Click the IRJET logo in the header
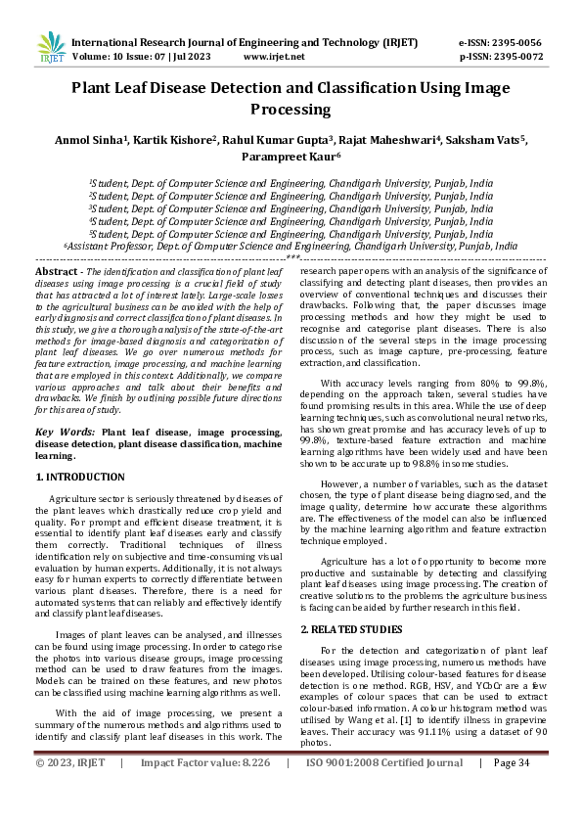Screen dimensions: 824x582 [50, 49]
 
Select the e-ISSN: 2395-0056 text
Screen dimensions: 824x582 [499, 43]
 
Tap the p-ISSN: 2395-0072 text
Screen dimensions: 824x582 [499, 57]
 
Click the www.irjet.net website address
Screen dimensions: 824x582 [275, 57]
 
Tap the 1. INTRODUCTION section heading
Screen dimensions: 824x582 [80, 477]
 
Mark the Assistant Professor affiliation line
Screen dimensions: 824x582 [291, 248]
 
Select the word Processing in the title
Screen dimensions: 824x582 [291, 110]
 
